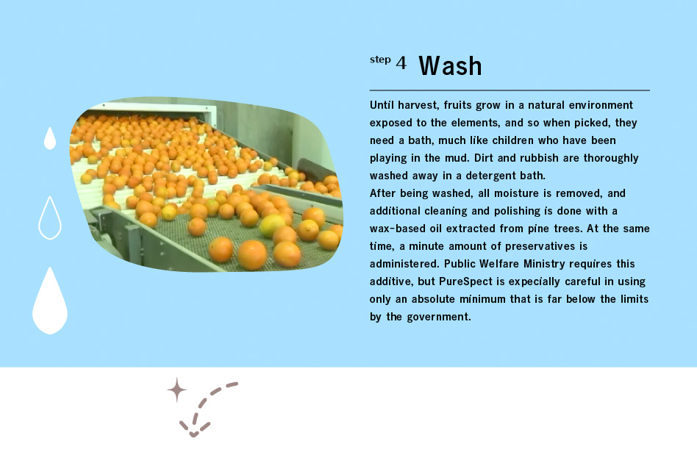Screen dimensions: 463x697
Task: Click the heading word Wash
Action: pos(450,66)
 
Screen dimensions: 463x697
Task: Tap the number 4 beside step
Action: pos(401,63)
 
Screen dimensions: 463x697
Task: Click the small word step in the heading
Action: pos(380,60)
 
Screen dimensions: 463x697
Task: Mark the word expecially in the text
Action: pos(539,281)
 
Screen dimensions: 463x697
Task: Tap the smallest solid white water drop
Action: pos(49,139)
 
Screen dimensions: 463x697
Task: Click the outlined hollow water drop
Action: pos(49,218)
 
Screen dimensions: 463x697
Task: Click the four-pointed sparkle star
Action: pos(176,390)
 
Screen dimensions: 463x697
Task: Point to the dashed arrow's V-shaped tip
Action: pos(193,431)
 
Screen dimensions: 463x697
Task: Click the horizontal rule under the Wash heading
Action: pos(510,90)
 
